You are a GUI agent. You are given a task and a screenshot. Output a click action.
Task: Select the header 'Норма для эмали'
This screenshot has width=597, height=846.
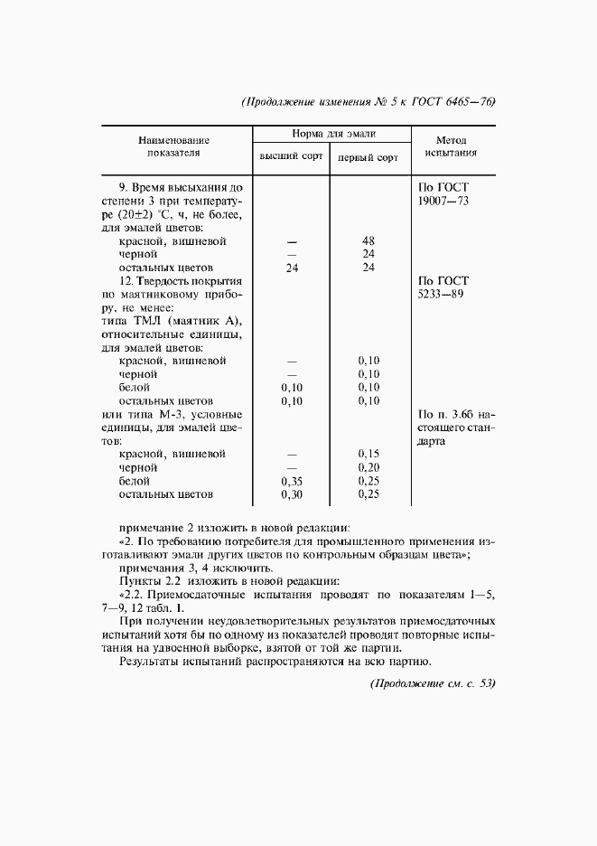point(329,133)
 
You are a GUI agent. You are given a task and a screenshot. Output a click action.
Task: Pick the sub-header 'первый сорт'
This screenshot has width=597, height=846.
point(368,157)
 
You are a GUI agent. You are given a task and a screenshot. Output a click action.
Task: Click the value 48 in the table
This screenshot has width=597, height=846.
point(368,242)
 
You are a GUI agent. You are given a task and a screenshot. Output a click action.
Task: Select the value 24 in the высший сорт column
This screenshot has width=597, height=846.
point(291,268)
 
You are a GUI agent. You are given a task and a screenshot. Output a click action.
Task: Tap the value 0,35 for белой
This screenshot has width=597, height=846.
point(291,481)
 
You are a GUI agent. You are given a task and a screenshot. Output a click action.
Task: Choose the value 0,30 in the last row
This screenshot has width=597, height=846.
point(291,494)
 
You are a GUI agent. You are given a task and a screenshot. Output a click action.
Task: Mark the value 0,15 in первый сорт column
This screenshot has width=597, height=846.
point(368,454)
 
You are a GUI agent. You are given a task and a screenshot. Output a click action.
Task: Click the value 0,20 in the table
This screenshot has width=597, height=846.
point(368,467)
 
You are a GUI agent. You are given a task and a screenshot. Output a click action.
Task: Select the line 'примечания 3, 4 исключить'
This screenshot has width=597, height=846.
point(195,568)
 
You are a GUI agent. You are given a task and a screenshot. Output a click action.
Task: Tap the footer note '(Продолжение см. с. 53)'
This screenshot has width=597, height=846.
point(433,682)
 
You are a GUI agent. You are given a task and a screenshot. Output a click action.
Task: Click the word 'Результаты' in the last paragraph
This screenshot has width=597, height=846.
point(149,663)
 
